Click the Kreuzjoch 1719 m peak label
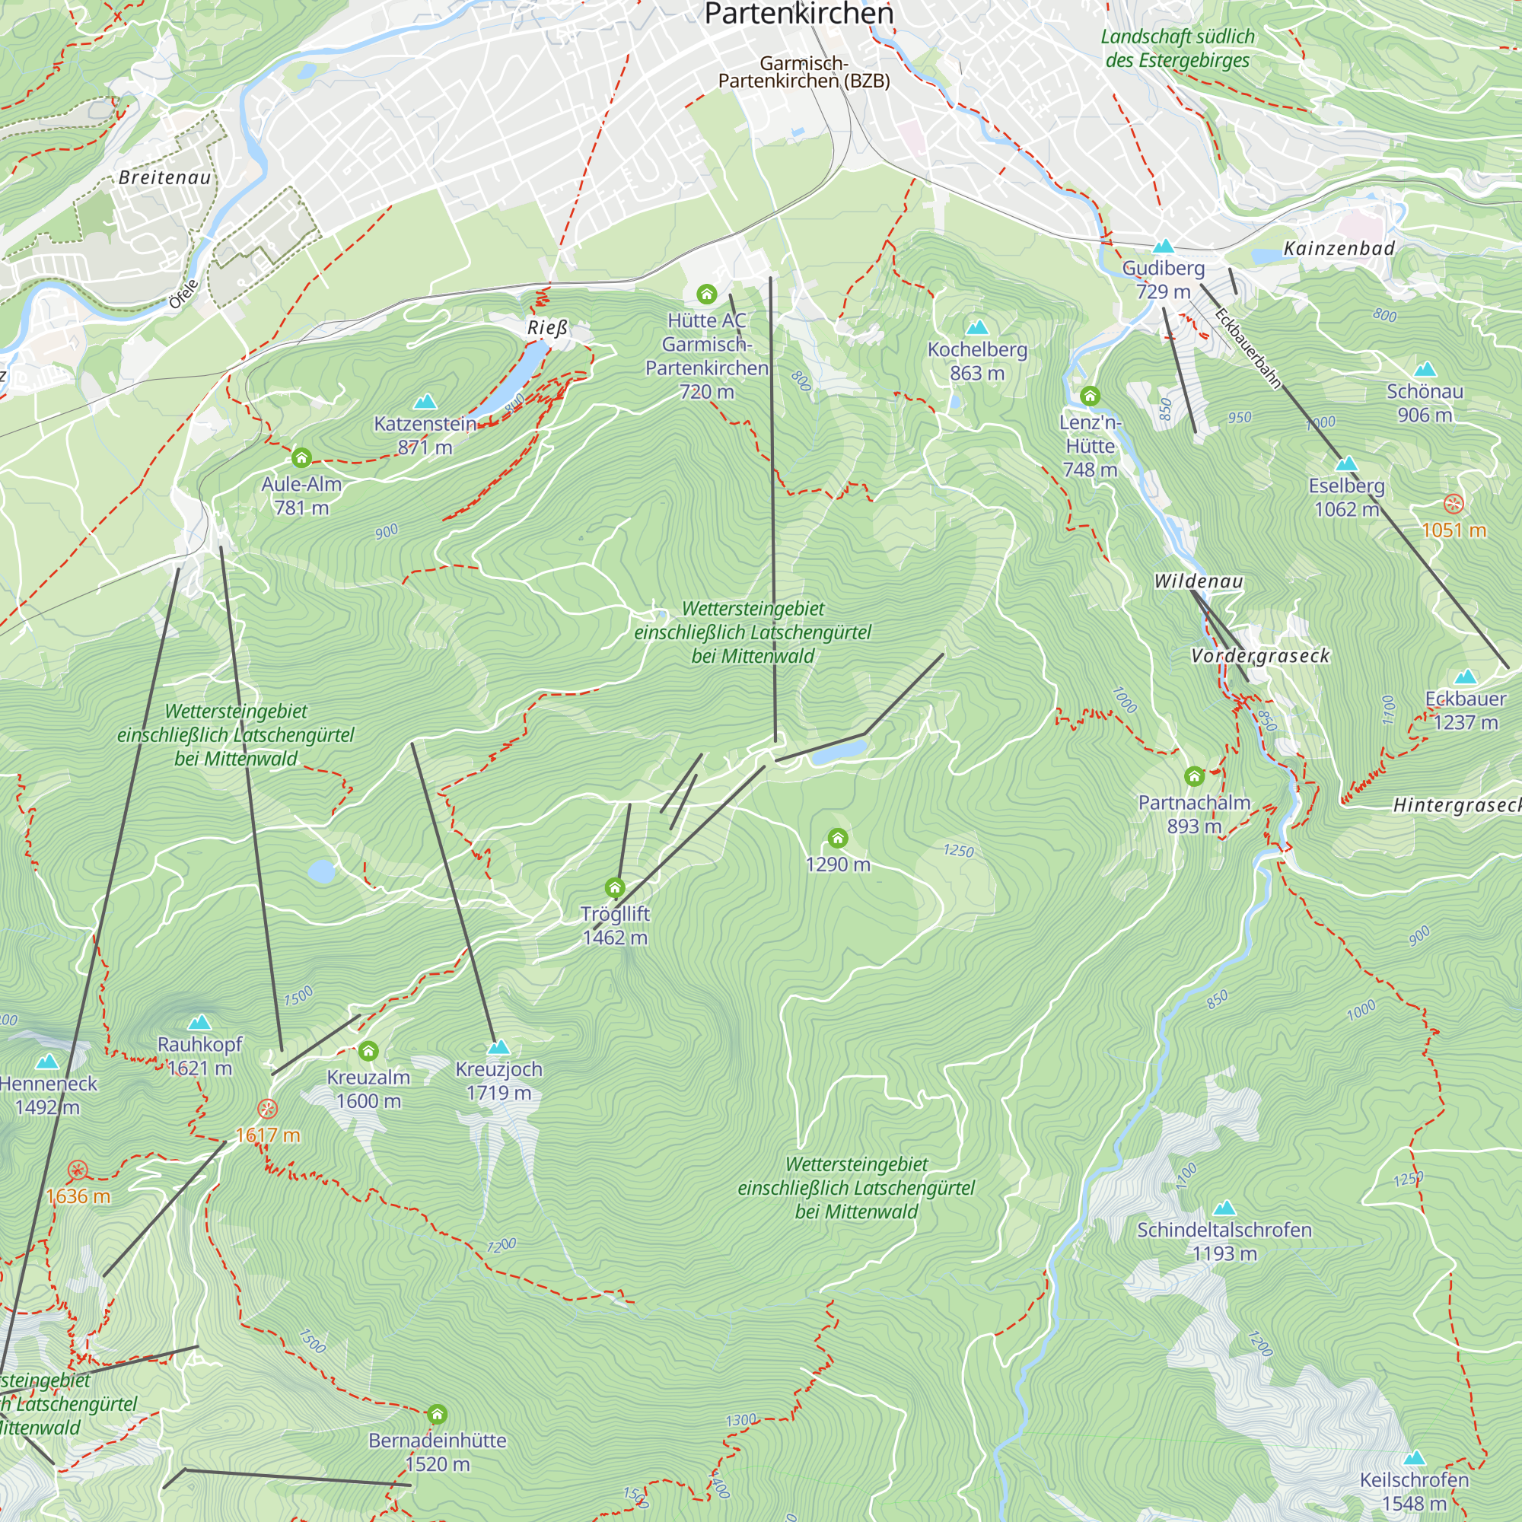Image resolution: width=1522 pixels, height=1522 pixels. point(498,1080)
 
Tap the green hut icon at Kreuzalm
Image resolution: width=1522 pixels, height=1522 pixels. point(368,1051)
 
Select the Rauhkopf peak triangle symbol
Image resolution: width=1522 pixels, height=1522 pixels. point(199,1023)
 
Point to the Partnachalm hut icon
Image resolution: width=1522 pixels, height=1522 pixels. point(1194,777)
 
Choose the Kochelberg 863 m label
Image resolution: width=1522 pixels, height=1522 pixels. point(977,361)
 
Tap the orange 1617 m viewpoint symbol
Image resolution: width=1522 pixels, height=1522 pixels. point(267,1110)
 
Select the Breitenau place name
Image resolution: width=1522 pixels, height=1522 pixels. point(165,177)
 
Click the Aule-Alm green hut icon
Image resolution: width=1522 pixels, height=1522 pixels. point(301,457)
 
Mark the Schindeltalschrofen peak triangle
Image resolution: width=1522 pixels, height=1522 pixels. point(1224,1208)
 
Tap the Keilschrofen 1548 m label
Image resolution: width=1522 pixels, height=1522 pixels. point(1414,1492)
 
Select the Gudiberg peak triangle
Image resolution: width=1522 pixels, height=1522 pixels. point(1163,247)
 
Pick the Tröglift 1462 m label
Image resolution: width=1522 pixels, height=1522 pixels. point(614,925)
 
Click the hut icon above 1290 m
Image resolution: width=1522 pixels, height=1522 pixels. point(837,837)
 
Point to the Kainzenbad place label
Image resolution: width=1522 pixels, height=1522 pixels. point(1339,248)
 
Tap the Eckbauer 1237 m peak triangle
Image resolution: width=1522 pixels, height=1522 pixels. point(1465,677)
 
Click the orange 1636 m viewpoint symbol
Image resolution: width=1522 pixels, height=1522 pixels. point(77,1170)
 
